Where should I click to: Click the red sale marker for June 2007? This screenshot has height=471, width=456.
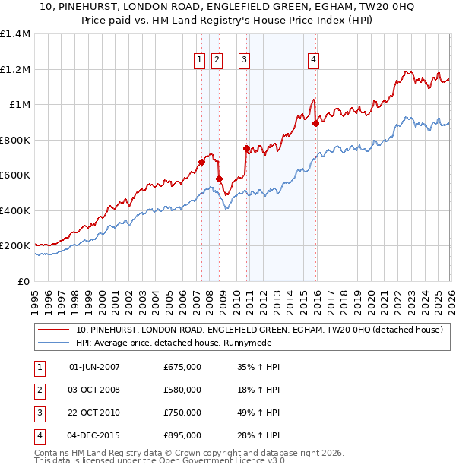pos(201,162)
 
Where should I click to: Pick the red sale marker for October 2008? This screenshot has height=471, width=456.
pos(220,179)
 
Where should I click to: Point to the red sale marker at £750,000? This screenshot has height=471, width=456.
pos(246,149)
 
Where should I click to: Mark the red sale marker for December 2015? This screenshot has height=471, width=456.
pos(315,123)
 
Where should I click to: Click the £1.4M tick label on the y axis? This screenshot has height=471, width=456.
pos(15,34)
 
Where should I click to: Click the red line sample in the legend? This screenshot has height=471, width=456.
pos(54,330)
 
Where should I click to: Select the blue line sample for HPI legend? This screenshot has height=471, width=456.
pos(54,343)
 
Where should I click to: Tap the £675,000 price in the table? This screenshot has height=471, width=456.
pos(182,367)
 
